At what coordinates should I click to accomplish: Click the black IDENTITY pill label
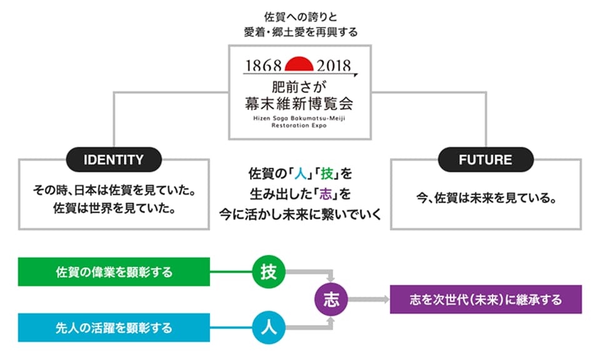tap(114, 160)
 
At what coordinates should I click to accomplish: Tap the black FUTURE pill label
tap(485, 160)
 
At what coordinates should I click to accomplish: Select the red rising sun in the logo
tap(299, 63)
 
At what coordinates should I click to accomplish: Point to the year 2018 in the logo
tap(334, 65)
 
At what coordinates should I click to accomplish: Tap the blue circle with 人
tap(269, 326)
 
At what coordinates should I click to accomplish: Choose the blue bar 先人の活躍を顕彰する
tap(114, 327)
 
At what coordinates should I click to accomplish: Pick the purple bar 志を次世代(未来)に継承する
tap(486, 299)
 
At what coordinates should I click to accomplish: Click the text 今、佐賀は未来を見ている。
tap(486, 199)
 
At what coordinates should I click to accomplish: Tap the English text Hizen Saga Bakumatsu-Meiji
tap(299, 117)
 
